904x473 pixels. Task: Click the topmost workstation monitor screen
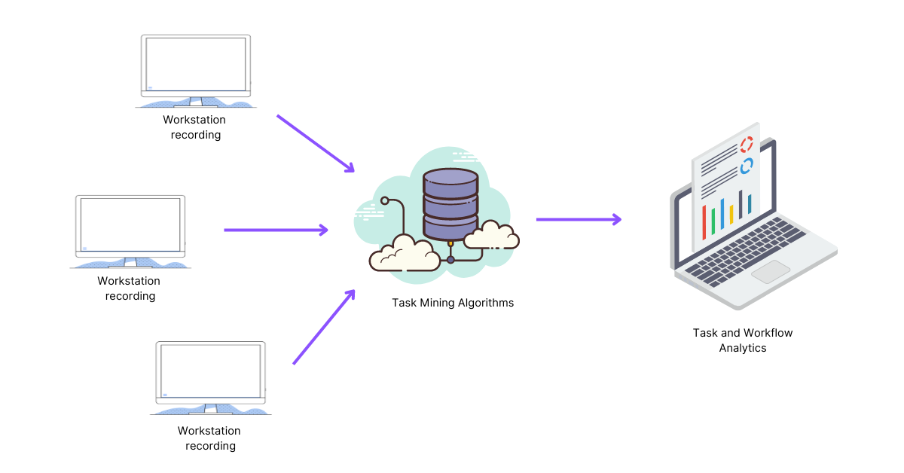click(x=196, y=65)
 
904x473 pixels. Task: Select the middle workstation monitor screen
click(x=130, y=225)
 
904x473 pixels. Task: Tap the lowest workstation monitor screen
click(x=211, y=371)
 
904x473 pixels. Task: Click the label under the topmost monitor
click(x=195, y=127)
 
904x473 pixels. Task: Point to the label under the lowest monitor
click(x=210, y=438)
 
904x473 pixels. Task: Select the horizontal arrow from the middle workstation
click(x=276, y=230)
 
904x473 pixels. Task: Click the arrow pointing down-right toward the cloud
click(x=316, y=144)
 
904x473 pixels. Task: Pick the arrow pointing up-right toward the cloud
click(x=324, y=327)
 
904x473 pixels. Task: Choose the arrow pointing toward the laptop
click(x=579, y=220)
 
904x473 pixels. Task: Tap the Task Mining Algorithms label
click(x=453, y=303)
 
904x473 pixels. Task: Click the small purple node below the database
click(x=450, y=260)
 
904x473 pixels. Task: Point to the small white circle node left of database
click(x=385, y=201)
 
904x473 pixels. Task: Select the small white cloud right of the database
click(x=491, y=236)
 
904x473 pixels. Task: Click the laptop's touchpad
click(x=771, y=272)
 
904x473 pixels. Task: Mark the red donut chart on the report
click(x=747, y=144)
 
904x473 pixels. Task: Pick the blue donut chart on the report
click(x=747, y=166)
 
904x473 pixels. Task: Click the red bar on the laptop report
click(x=704, y=222)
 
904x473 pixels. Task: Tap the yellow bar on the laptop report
click(x=731, y=214)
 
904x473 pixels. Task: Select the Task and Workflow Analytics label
click(x=743, y=340)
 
